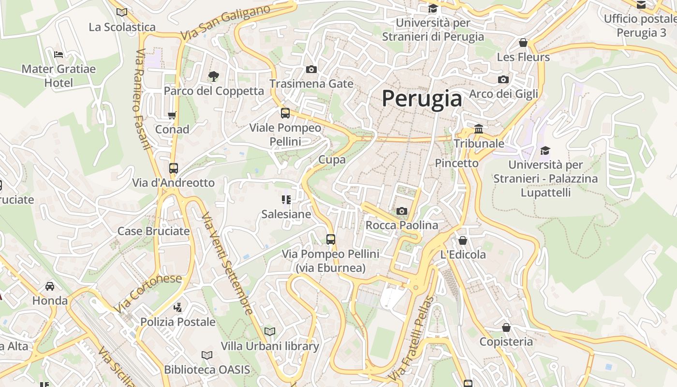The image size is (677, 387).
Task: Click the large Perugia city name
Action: pyautogui.click(x=422, y=99)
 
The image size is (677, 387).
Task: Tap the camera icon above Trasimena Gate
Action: pyautogui.click(x=311, y=70)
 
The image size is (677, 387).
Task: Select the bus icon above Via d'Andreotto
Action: pyautogui.click(x=174, y=168)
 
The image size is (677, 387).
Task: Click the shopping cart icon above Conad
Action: pyautogui.click(x=172, y=115)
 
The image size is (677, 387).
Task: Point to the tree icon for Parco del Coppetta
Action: pyautogui.click(x=213, y=76)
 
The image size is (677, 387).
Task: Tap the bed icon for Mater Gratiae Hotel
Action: pyautogui.click(x=59, y=54)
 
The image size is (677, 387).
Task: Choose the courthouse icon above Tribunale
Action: pyautogui.click(x=479, y=129)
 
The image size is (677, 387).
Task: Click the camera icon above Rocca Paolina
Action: pyautogui.click(x=401, y=211)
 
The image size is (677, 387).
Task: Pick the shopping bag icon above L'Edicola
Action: pyautogui.click(x=463, y=240)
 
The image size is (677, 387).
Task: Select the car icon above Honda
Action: pyautogui.click(x=50, y=286)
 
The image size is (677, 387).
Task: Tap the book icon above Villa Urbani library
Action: pyautogui.click(x=270, y=331)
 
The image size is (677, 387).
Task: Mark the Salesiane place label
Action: pyautogui.click(x=286, y=214)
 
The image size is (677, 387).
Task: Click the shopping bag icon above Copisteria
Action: pyautogui.click(x=506, y=327)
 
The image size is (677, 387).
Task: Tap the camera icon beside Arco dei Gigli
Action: pyautogui.click(x=503, y=79)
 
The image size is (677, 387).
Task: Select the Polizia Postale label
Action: pyautogui.click(x=178, y=322)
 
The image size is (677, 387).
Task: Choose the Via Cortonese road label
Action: pyautogui.click(x=148, y=293)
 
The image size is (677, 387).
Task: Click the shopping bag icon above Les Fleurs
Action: pyautogui.click(x=523, y=43)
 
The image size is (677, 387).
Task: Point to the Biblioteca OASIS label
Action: pyautogui.click(x=207, y=370)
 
